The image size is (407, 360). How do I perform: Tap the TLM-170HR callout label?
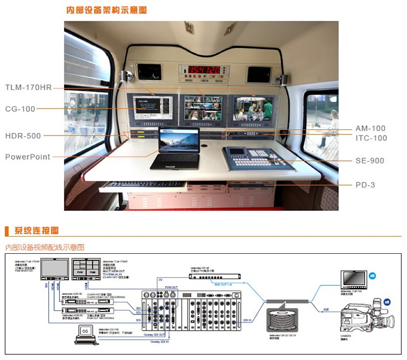pos(29,87)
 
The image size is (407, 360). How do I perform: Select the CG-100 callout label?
pos(20,108)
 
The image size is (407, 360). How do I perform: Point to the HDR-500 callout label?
pos(23,136)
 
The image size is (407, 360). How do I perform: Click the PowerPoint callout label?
pos(28,156)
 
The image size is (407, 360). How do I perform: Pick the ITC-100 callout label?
pos(371,138)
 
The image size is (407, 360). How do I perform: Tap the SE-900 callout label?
pos(370,160)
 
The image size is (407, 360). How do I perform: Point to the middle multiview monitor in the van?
pos(202,108)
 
